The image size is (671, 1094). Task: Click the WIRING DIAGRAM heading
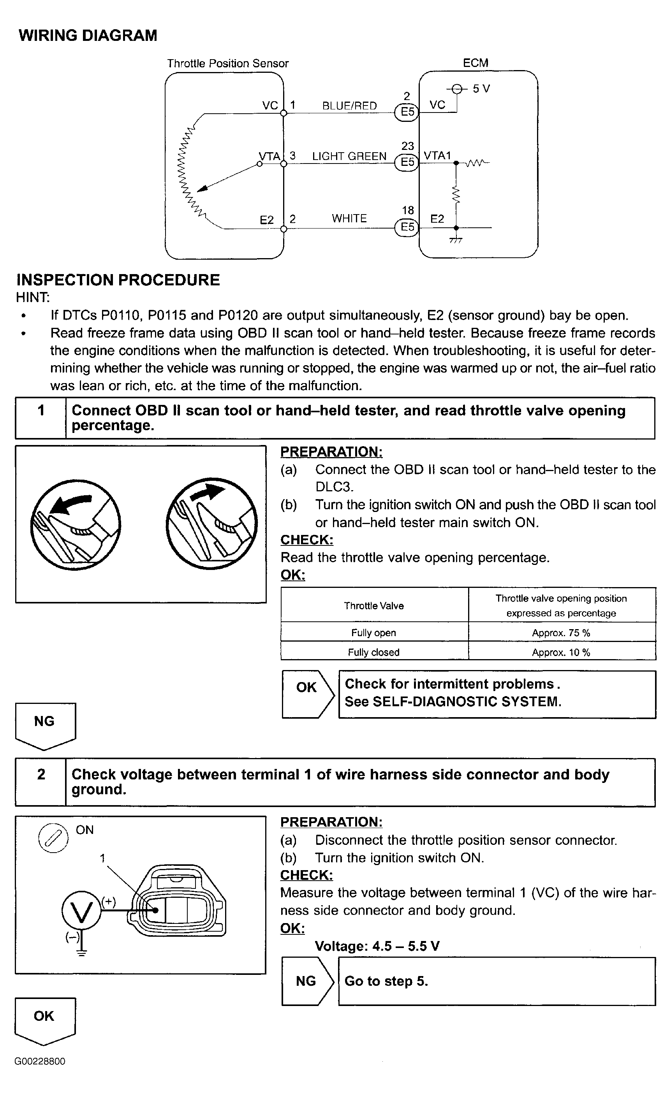coord(88,35)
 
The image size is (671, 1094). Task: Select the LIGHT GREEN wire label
coord(349,156)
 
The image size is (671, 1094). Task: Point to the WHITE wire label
coord(349,218)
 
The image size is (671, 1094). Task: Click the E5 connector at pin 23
coord(407,162)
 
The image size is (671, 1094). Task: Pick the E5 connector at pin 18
coord(407,227)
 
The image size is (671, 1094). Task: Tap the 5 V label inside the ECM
coord(481,89)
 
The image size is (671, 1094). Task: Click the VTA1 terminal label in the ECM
coord(437,155)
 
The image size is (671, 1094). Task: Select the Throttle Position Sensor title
coord(228,63)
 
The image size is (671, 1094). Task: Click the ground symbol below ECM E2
coord(456,240)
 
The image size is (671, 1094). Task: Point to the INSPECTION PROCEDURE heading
coord(118,280)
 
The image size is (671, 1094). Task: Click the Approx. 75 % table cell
coord(561,633)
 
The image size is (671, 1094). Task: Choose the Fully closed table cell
coord(374,652)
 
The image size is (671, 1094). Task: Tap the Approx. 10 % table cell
coord(561,652)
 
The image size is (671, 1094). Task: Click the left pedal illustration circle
coord(76,524)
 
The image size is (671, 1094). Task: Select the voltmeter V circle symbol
coord(81,911)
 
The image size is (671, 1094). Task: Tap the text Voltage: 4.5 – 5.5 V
coord(377,946)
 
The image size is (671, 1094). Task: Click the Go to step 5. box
coord(497,981)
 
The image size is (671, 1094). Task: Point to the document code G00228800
coord(40,1061)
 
